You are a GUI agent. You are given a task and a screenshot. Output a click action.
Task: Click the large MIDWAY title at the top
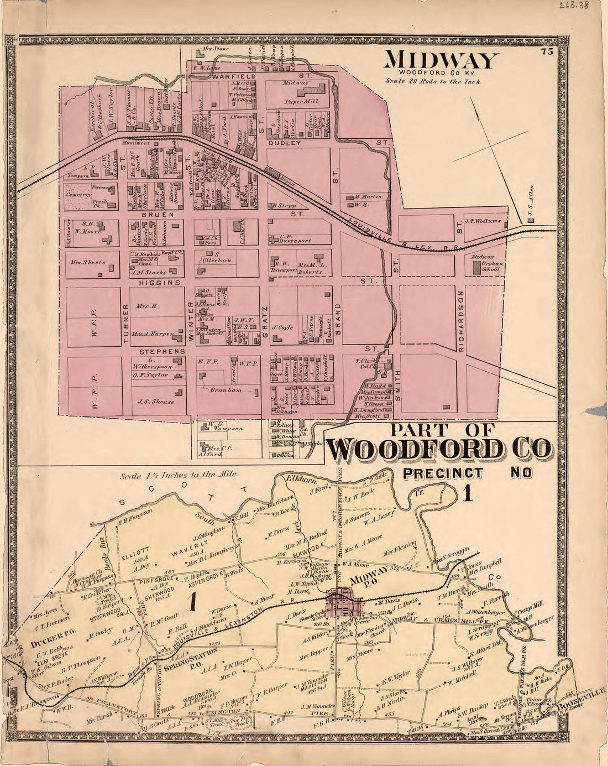coord(441,60)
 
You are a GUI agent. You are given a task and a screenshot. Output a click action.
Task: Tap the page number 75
coord(547,52)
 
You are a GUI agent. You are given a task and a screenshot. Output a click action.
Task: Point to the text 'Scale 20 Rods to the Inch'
coord(433,81)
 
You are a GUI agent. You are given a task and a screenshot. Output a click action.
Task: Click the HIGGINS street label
coord(160,282)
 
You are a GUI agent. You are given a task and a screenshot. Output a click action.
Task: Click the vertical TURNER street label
coord(126,324)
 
